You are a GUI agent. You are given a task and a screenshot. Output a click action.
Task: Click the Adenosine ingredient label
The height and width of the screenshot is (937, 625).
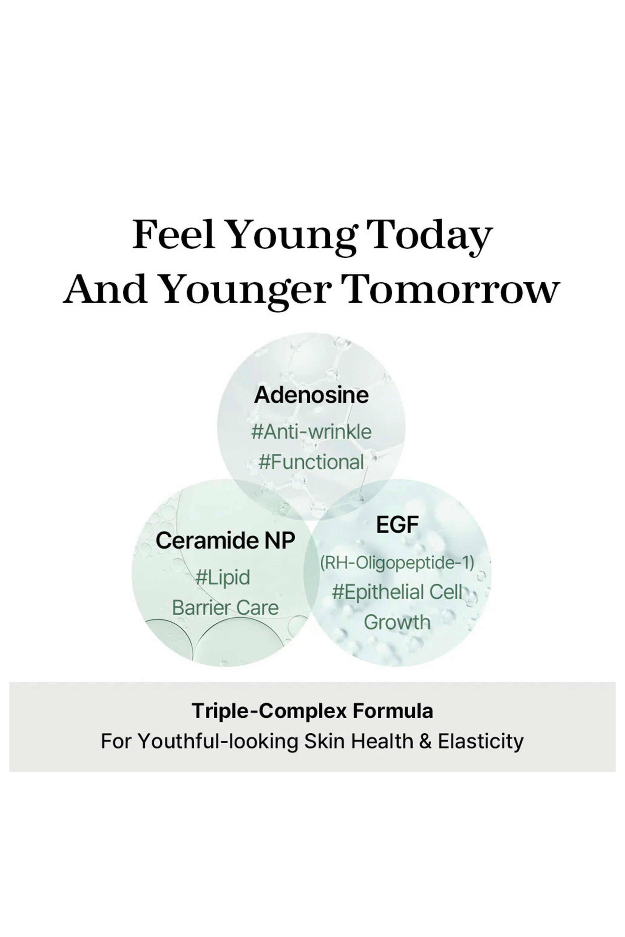311,395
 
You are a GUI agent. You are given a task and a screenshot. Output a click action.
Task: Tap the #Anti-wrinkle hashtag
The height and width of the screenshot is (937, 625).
311,432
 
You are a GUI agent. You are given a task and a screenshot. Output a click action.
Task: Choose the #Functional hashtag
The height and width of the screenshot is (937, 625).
311,462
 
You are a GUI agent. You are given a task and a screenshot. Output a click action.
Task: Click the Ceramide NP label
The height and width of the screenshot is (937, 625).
225,540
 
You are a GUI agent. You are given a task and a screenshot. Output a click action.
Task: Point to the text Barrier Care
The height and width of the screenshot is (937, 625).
225,608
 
